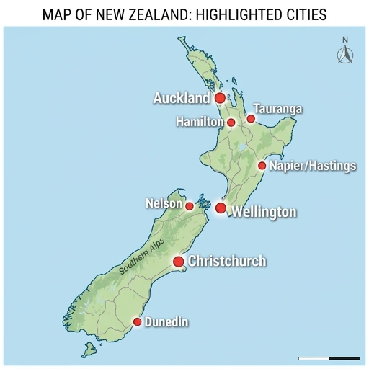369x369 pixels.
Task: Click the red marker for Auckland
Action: click(x=220, y=97)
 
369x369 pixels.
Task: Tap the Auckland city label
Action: click(x=181, y=97)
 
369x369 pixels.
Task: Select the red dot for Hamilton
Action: click(x=231, y=123)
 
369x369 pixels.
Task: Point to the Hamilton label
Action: click(x=200, y=123)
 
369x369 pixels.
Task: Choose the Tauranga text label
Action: click(x=277, y=110)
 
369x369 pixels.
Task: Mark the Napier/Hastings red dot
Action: click(x=262, y=166)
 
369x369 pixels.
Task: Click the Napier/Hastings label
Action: click(x=313, y=166)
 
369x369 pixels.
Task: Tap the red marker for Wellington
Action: click(x=221, y=208)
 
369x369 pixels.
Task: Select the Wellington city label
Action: click(x=263, y=212)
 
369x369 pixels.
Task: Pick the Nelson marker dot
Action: click(x=190, y=206)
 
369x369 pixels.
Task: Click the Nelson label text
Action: click(x=164, y=204)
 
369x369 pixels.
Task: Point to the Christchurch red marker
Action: click(x=179, y=261)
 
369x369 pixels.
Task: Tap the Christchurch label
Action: click(x=227, y=261)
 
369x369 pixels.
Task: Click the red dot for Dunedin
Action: click(x=137, y=321)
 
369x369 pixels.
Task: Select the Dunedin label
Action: click(x=166, y=322)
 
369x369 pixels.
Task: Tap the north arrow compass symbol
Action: click(x=344, y=52)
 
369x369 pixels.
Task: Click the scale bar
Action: click(x=329, y=357)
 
